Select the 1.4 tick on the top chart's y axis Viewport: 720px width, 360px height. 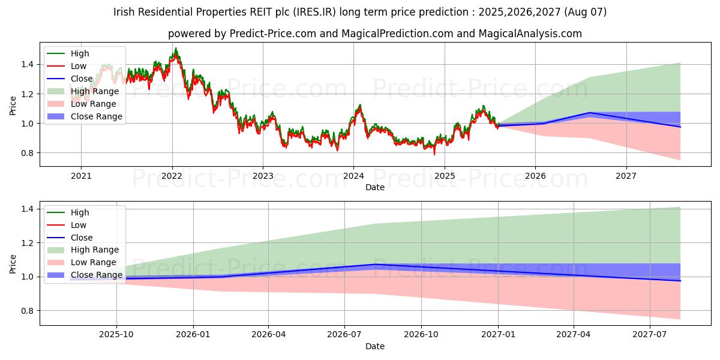point(30,64)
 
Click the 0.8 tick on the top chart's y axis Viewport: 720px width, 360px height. point(30,153)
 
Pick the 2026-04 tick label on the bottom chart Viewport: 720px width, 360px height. point(269,334)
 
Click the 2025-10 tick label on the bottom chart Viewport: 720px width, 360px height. point(116,334)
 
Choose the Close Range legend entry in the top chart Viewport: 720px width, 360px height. point(96,116)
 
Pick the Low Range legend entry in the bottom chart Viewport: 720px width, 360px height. point(94,263)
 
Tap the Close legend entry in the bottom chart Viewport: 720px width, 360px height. point(82,238)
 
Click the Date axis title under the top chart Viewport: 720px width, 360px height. point(375,187)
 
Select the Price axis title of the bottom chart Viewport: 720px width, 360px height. point(13,263)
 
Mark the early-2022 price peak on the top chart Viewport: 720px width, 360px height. point(175,49)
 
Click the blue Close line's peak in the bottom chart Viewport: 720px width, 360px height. point(375,264)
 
